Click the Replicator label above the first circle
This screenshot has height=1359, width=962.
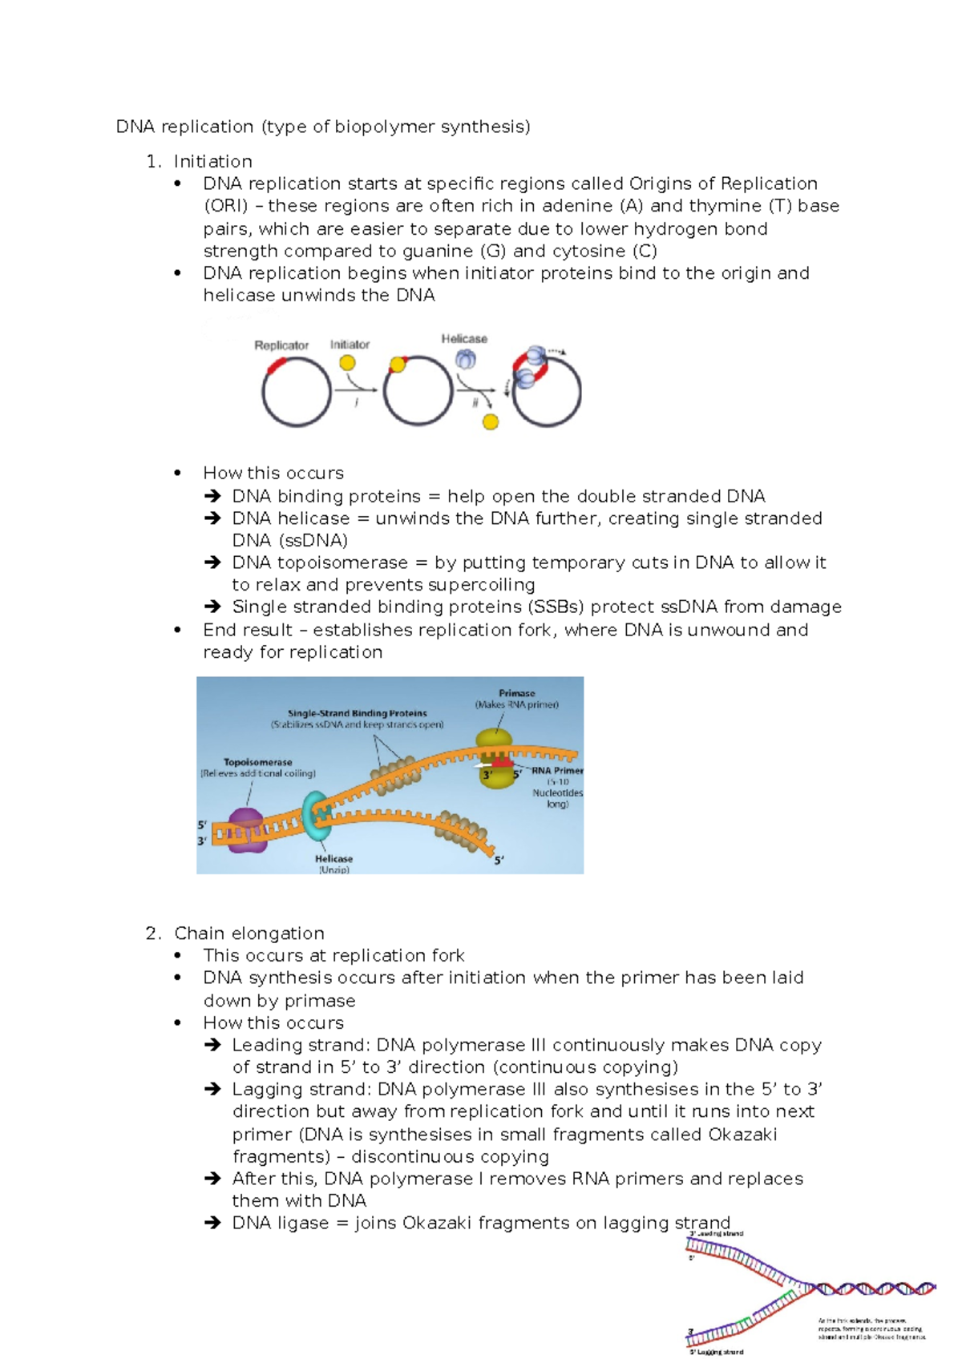pyautogui.click(x=281, y=345)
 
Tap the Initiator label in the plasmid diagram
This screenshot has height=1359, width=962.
pyautogui.click(x=350, y=345)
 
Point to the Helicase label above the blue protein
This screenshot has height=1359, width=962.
pyautogui.click(x=464, y=339)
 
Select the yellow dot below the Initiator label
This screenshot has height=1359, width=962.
pyautogui.click(x=347, y=363)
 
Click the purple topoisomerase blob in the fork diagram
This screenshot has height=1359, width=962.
pyautogui.click(x=245, y=829)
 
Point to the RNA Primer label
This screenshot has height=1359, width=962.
pyautogui.click(x=557, y=770)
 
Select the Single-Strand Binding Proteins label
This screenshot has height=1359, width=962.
pyautogui.click(x=357, y=713)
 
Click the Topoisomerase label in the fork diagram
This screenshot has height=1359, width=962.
pyautogui.click(x=257, y=762)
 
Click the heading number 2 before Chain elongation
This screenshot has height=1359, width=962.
pyautogui.click(x=152, y=934)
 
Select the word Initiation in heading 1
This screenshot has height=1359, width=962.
pyautogui.click(x=212, y=161)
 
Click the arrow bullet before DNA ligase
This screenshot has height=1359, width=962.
pyautogui.click(x=212, y=1224)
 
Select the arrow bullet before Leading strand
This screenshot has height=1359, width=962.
pyautogui.click(x=212, y=1045)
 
